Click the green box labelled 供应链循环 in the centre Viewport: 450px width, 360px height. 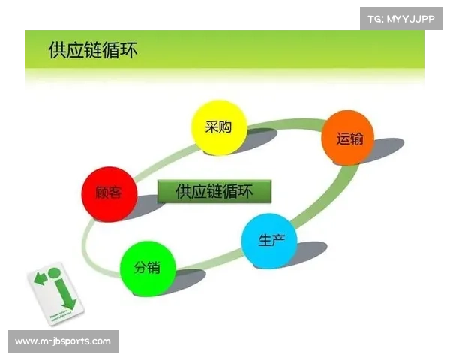click(x=214, y=192)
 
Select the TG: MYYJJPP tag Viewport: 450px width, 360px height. click(x=402, y=18)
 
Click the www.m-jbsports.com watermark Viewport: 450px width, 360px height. click(x=63, y=341)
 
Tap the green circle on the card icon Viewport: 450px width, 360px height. click(x=54, y=271)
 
